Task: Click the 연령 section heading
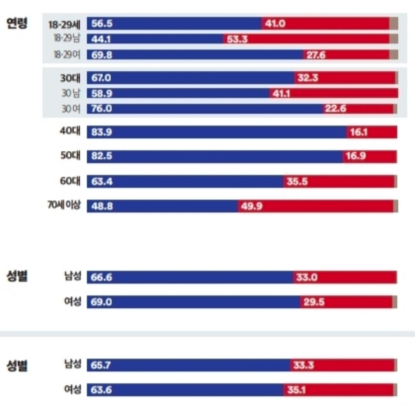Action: (x=17, y=24)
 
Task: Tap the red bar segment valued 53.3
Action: (x=306, y=39)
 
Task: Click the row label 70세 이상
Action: (x=64, y=205)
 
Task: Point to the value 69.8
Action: (x=102, y=55)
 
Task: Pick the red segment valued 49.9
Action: (x=315, y=206)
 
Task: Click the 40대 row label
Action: (x=70, y=131)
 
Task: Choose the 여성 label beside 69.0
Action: (x=73, y=302)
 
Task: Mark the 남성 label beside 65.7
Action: (x=73, y=364)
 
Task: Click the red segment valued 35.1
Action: (x=338, y=390)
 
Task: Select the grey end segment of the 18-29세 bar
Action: (x=393, y=23)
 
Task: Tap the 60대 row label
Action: (x=70, y=181)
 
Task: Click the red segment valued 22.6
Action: (x=358, y=109)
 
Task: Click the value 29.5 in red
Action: (x=314, y=302)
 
